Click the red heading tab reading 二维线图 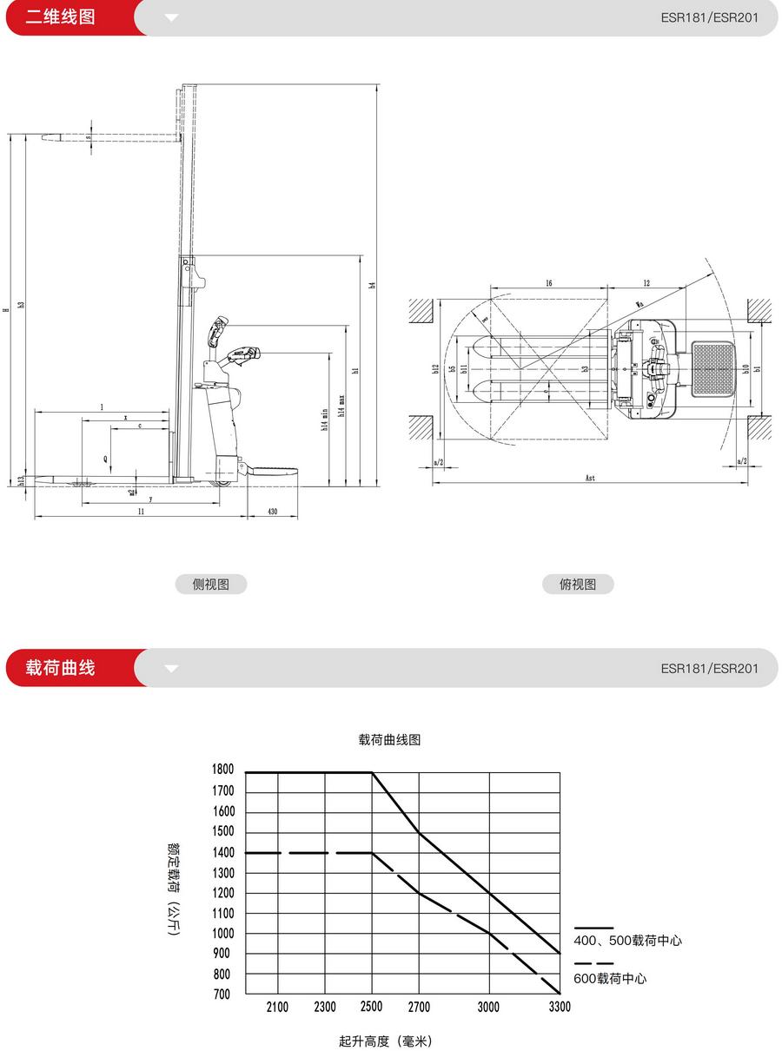coord(61,17)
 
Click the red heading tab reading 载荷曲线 coord(61,668)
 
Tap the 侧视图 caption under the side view coord(210,585)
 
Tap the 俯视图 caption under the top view coord(578,585)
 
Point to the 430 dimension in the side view coord(272,512)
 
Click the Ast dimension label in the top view coord(590,478)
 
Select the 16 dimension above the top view coord(549,284)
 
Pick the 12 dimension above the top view coord(646,284)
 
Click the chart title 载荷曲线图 coord(389,740)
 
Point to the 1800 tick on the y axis coord(222,770)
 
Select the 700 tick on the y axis coord(222,995)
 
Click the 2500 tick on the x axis coord(371,1008)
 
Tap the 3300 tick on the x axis coord(560,1008)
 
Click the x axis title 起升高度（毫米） coord(386,1041)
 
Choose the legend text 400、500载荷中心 coord(628,941)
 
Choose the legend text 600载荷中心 coord(611,979)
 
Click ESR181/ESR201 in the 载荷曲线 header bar coord(709,668)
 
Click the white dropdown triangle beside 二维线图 coord(171,17)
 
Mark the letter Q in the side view coord(106,458)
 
